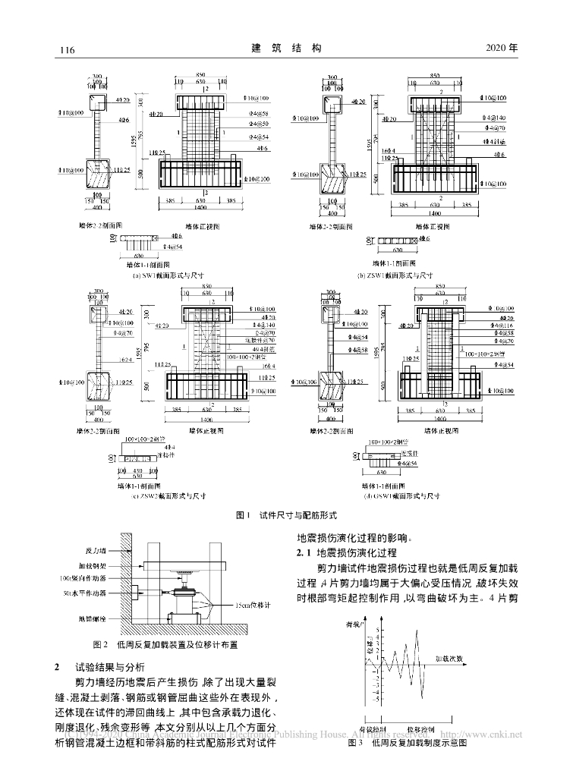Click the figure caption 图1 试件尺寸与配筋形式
point(286,514)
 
